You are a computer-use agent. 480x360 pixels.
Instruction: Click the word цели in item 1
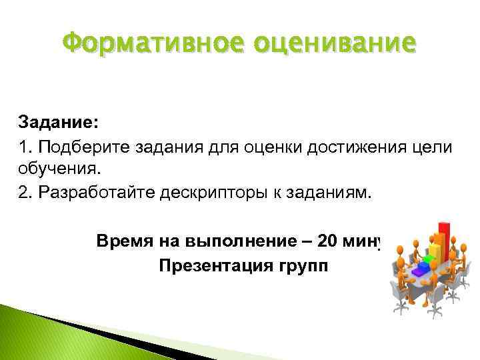pos(432,146)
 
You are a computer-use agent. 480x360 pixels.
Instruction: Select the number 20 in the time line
pos(328,240)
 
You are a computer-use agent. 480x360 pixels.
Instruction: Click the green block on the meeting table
pos(427,261)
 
